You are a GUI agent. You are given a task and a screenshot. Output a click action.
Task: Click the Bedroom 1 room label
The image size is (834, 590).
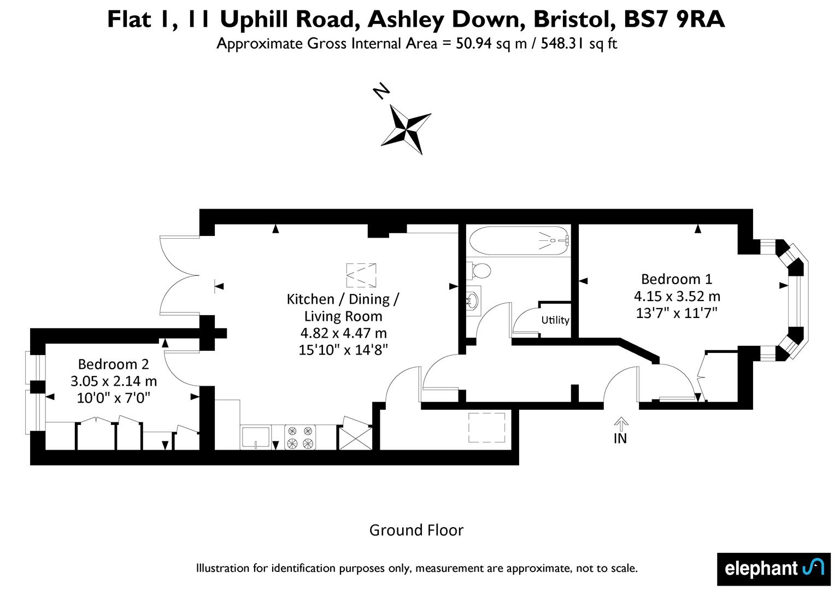click(677, 279)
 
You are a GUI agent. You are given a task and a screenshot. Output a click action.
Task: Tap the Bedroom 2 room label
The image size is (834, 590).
click(114, 364)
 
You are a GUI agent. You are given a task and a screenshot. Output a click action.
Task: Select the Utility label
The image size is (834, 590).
click(555, 320)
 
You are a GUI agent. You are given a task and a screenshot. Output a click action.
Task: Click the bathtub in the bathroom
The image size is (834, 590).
click(519, 241)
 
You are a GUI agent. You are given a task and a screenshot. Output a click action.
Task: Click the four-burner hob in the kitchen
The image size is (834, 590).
click(300, 437)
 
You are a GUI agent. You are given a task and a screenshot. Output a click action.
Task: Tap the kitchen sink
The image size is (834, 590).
click(256, 437)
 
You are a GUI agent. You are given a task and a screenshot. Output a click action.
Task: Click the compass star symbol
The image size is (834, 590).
click(406, 129)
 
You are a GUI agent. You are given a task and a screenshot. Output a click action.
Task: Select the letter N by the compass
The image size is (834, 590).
click(381, 91)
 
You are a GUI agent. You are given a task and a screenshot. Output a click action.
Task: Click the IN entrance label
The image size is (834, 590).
click(620, 439)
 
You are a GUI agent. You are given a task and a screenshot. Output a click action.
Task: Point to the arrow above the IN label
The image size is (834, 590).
click(620, 423)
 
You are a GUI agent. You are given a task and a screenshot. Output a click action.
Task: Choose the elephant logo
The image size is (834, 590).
click(774, 569)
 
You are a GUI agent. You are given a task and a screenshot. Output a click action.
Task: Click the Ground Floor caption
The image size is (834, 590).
click(416, 530)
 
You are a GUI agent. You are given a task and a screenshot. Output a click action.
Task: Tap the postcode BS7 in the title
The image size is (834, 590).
click(647, 19)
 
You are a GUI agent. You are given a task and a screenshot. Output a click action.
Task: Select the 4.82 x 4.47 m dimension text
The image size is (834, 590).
click(343, 333)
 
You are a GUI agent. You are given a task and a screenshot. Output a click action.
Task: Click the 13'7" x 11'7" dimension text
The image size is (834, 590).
click(677, 313)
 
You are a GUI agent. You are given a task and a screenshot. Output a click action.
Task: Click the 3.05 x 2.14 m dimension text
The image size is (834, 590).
click(114, 381)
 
